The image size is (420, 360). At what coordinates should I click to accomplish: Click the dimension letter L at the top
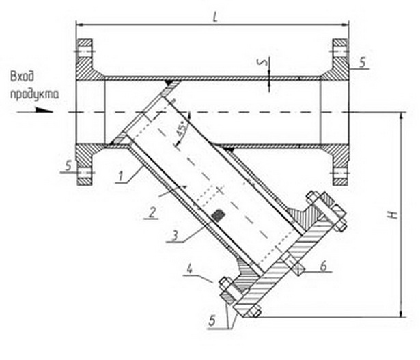215,17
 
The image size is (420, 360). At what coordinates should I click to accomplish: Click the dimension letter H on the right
393,214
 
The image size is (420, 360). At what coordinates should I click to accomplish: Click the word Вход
23,77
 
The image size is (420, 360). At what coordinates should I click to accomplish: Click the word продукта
34,95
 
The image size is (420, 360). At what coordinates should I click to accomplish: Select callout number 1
120,177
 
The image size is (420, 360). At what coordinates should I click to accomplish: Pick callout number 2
152,213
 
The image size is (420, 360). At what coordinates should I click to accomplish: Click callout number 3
175,236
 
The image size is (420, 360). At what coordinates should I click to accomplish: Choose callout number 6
324,266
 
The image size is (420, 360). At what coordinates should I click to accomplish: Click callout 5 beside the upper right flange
362,62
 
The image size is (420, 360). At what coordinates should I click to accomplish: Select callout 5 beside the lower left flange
69,165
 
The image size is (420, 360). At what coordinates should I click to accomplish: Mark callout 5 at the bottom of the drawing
212,320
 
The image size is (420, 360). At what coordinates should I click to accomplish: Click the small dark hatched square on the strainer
218,214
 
